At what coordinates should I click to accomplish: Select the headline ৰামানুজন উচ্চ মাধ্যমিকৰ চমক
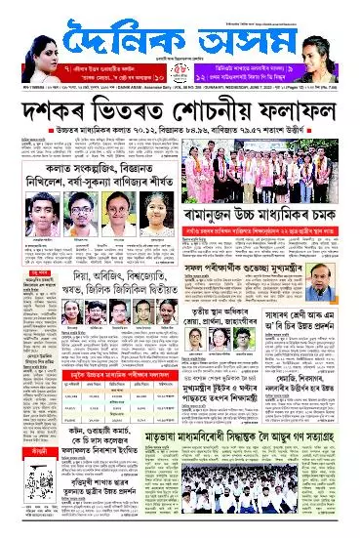coord(292,235)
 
